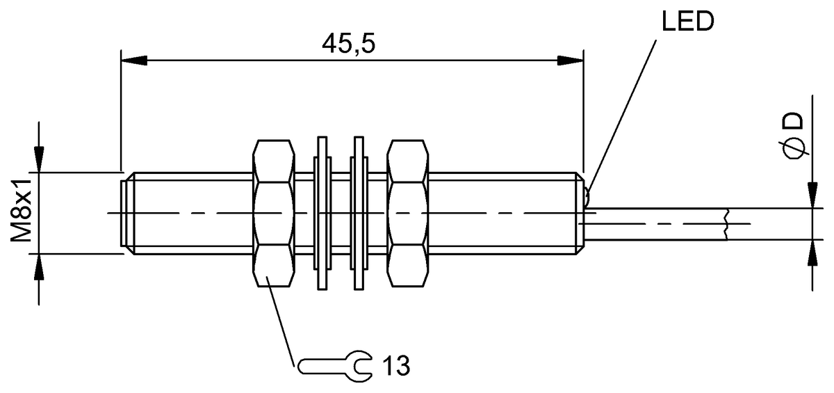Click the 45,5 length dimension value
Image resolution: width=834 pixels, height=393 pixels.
click(348, 45)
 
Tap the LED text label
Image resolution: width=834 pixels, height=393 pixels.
click(687, 21)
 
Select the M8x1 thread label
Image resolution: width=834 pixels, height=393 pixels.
click(21, 210)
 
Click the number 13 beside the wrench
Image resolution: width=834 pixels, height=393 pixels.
click(397, 365)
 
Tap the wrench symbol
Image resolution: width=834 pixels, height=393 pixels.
click(335, 366)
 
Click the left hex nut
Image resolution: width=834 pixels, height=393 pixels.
click(274, 213)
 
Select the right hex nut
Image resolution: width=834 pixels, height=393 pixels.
click(408, 213)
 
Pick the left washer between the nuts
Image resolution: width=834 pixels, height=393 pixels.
click(322, 213)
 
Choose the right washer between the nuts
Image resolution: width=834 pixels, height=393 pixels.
click(359, 213)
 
